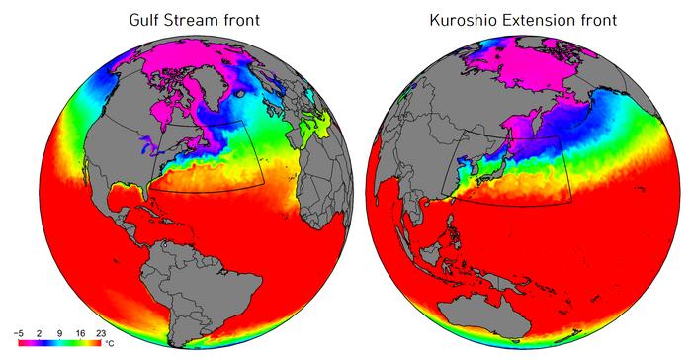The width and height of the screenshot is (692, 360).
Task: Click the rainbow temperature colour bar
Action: pos(59,345)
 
